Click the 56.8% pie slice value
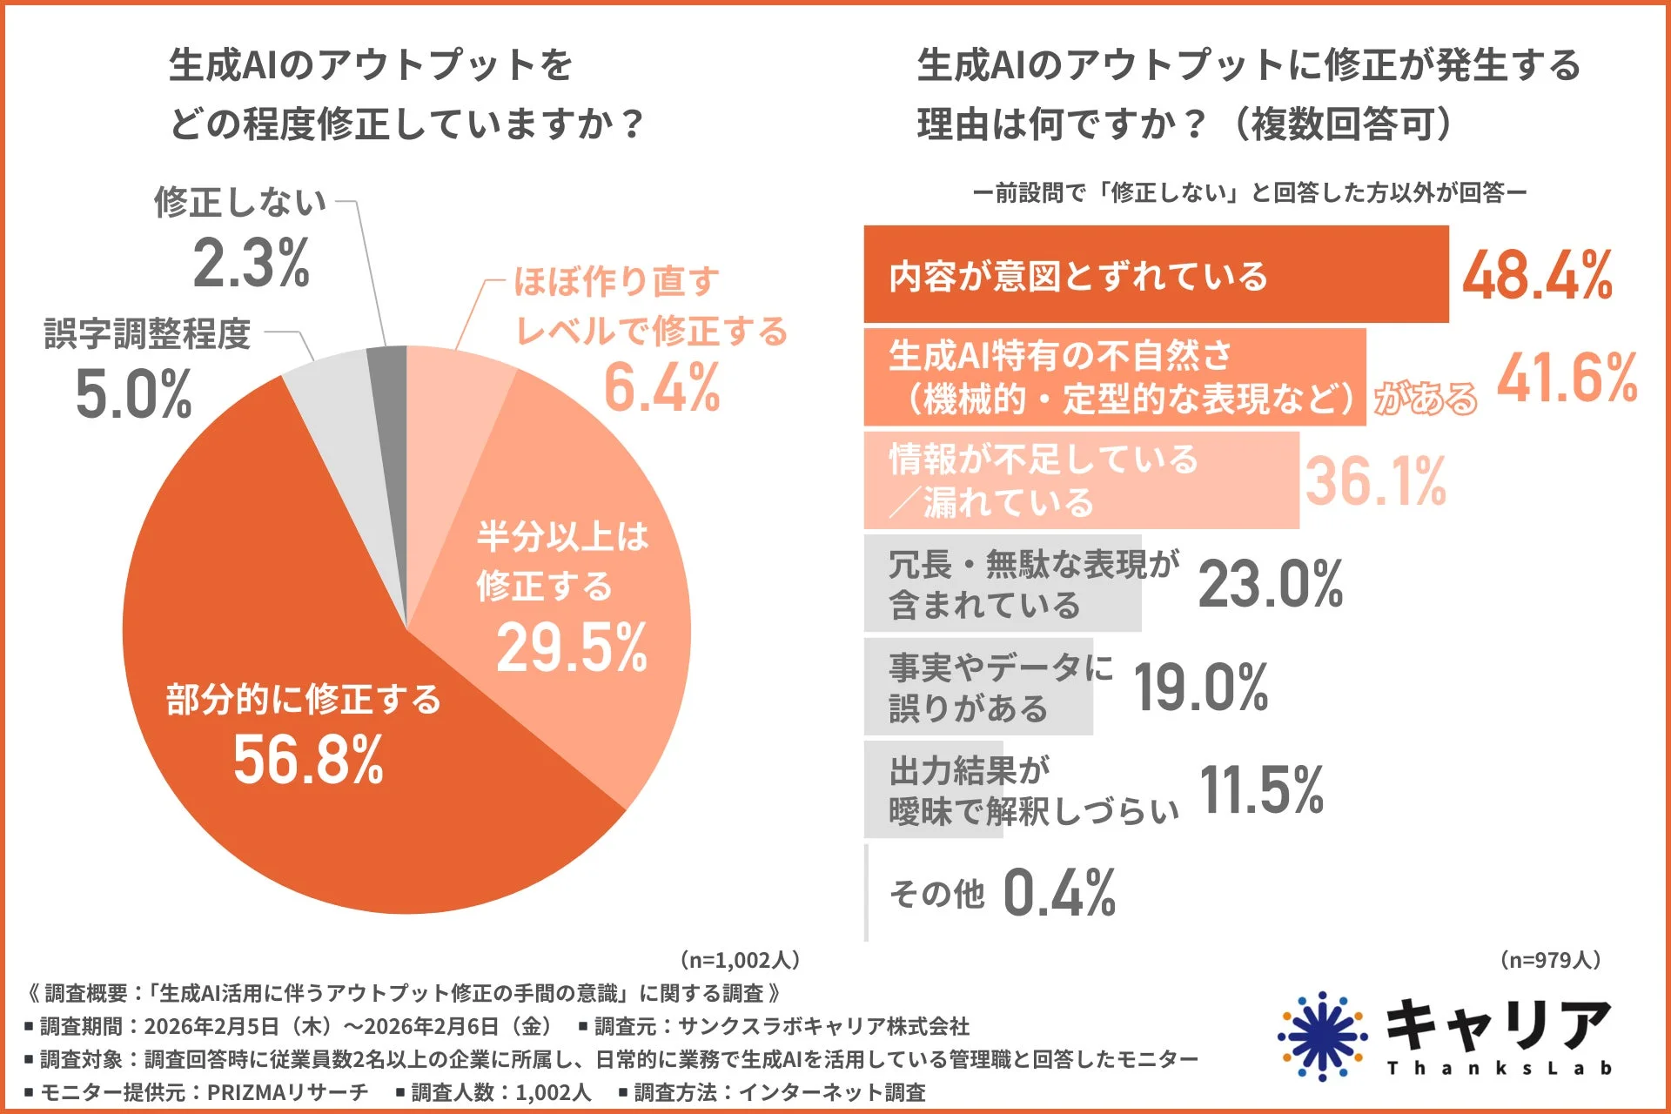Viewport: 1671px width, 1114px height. pyautogui.click(x=308, y=760)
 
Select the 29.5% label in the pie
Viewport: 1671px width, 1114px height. pyautogui.click(x=572, y=648)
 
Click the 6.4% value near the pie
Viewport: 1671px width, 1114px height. pyautogui.click(x=661, y=388)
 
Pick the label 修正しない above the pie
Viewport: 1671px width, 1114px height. pyautogui.click(x=240, y=202)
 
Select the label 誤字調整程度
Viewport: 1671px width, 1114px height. pyautogui.click(x=147, y=333)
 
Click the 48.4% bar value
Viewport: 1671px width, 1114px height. pyautogui.click(x=1537, y=276)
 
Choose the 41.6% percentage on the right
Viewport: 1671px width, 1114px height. pyautogui.click(x=1567, y=379)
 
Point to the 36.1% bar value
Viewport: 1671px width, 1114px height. pyautogui.click(x=1375, y=481)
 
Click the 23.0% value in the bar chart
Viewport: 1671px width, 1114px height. pyautogui.click(x=1271, y=584)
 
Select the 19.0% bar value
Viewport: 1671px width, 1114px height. pyautogui.click(x=1201, y=688)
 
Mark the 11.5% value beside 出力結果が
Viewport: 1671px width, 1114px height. pyautogui.click(x=1262, y=790)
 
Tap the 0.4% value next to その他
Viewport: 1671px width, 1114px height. pyautogui.click(x=1059, y=893)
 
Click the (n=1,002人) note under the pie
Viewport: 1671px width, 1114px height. pyautogui.click(x=739, y=960)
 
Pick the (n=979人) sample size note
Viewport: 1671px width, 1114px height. pyautogui.click(x=1550, y=960)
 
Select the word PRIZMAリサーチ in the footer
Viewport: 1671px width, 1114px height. pyautogui.click(x=287, y=1092)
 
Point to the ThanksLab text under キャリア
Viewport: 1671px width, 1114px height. pyautogui.click(x=1499, y=1068)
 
